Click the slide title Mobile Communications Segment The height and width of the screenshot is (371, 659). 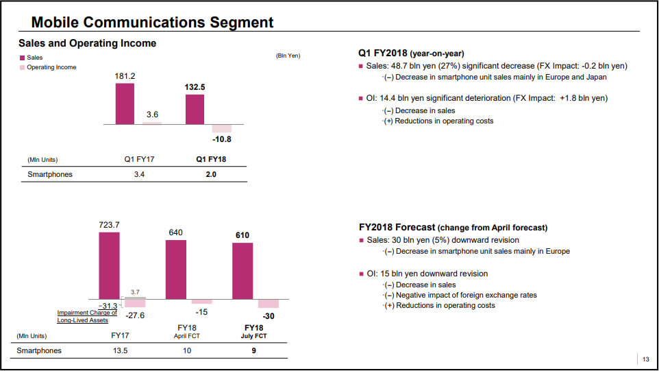152,23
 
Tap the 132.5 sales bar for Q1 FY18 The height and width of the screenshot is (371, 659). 195,109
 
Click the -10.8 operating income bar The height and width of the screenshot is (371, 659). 222,128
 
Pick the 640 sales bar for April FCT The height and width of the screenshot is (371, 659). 176,269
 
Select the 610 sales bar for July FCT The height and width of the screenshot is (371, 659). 243,271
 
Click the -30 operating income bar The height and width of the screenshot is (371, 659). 269,304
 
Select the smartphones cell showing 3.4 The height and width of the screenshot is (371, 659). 139,174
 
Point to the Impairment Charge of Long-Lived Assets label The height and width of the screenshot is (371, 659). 87,316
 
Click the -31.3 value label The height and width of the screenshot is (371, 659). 108,306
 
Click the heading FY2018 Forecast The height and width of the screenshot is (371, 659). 397,227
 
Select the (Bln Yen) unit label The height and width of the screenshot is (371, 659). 288,56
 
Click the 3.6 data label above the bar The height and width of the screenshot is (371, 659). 153,114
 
